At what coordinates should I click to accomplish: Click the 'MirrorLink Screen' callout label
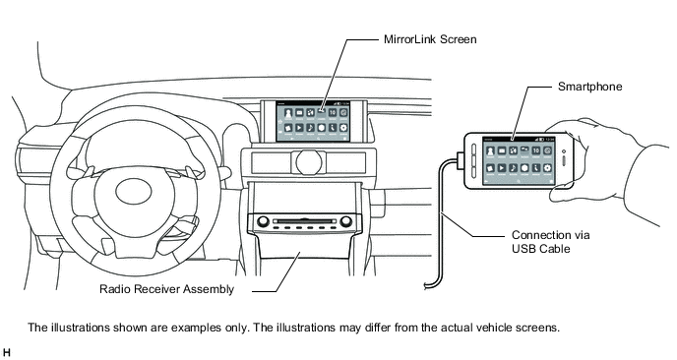coord(430,39)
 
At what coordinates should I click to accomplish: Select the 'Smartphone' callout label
coord(589,87)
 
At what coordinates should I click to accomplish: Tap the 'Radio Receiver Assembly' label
coord(166,289)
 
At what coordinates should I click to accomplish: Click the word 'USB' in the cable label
coord(523,249)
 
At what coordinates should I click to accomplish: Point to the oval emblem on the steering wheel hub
coord(134,191)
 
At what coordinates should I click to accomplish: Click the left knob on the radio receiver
coord(263,222)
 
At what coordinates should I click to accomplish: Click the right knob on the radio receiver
coord(345,222)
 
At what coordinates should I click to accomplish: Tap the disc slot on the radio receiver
coord(304,221)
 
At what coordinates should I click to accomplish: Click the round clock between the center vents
coord(309,162)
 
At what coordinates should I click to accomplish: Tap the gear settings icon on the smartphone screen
coord(547,167)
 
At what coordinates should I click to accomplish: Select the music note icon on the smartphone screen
coord(513,167)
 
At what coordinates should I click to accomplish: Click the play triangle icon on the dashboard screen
coord(299,127)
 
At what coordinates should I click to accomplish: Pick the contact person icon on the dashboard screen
coord(288,113)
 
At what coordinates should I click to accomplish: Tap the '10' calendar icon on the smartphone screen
coord(536,150)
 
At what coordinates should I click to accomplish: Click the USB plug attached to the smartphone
coord(460,158)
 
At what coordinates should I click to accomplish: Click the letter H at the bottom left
coord(6,353)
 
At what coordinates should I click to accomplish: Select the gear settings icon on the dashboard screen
coord(343,127)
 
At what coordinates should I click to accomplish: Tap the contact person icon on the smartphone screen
coord(490,150)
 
